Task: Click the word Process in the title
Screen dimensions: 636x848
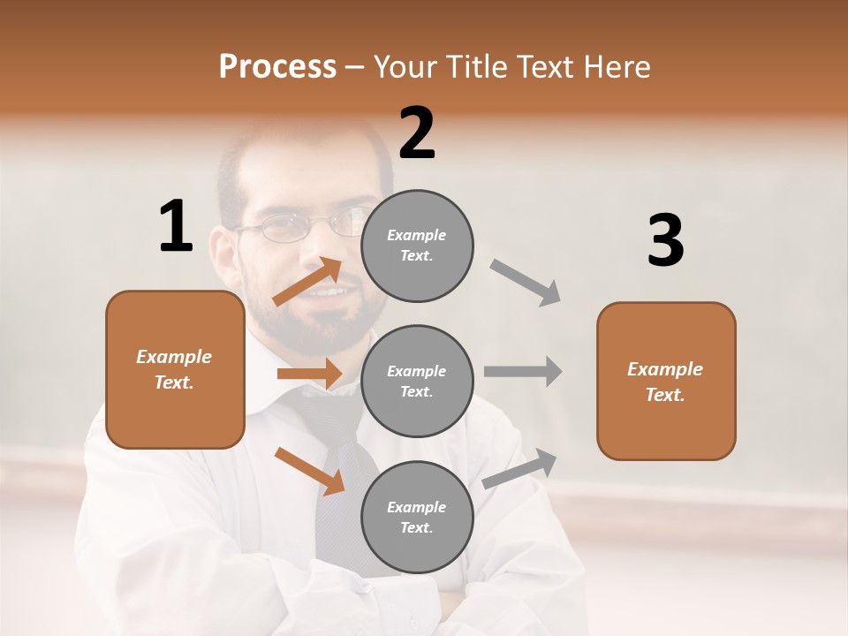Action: (x=277, y=67)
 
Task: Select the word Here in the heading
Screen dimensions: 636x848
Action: (x=613, y=67)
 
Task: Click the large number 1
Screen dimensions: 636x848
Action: (x=176, y=227)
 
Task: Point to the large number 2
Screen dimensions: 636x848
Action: (x=417, y=133)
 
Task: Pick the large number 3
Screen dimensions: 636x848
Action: (x=665, y=241)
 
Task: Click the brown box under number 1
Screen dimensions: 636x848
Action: (x=175, y=369)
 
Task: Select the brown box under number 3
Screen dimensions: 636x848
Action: (x=666, y=382)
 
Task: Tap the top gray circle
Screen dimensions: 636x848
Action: (x=417, y=246)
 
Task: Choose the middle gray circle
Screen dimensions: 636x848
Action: (x=417, y=382)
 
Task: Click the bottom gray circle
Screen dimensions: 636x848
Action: (x=417, y=518)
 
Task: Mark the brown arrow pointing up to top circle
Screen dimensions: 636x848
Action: (x=308, y=283)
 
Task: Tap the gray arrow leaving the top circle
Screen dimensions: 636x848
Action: (x=526, y=282)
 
